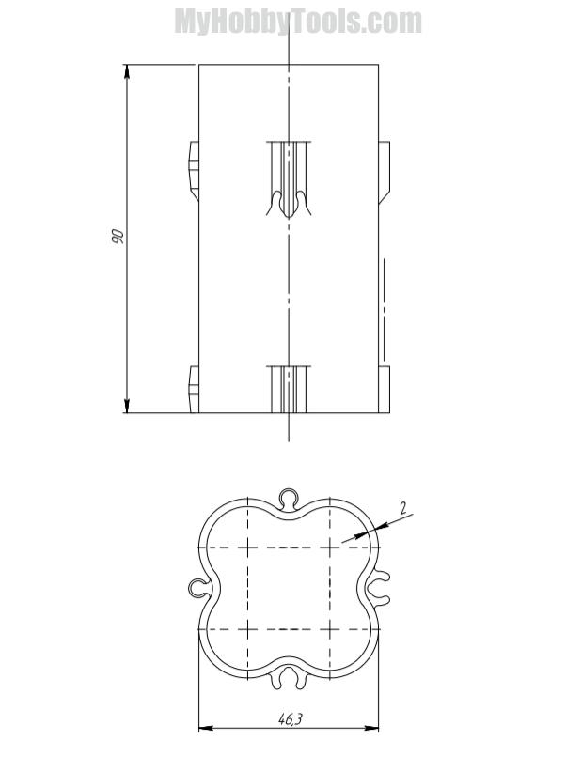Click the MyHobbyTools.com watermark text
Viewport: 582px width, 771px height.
click(297, 21)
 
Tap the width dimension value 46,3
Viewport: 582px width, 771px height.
click(290, 718)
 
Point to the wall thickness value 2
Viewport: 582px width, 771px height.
click(402, 509)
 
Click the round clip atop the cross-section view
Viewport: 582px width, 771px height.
click(289, 495)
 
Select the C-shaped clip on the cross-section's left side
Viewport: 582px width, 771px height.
click(197, 589)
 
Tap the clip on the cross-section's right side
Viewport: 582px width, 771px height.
click(379, 589)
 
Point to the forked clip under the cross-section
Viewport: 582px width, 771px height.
click(289, 677)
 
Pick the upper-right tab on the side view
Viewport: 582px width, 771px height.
click(384, 172)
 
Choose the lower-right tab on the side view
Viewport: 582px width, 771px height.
click(384, 389)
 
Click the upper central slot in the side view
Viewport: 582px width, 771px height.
click(289, 178)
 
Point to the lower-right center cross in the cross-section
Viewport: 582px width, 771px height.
click(332, 628)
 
